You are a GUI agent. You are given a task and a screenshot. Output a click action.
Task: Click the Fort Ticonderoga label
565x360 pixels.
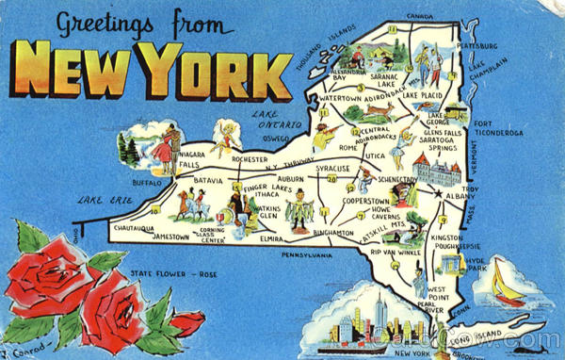click(497, 128)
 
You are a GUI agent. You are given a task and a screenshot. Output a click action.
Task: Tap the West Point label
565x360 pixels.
click(439, 294)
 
